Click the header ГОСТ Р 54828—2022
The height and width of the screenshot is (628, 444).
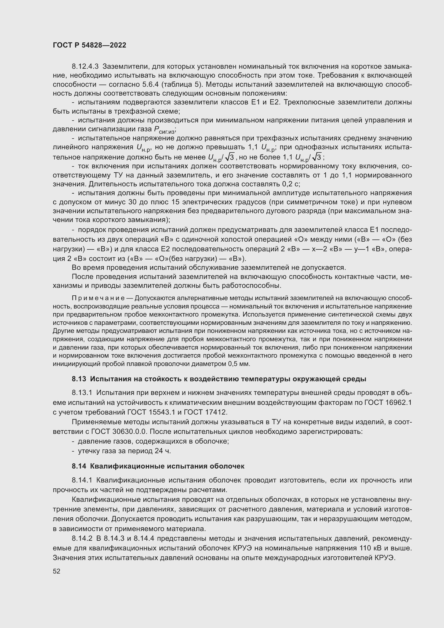pyautogui.click(x=89, y=45)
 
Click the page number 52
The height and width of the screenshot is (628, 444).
pyautogui.click(x=57, y=571)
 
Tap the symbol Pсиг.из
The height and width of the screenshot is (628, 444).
pyautogui.click(x=165, y=130)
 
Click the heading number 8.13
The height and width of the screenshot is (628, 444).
pyautogui.click(x=79, y=379)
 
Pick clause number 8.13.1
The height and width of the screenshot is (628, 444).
pyautogui.click(x=82, y=393)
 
